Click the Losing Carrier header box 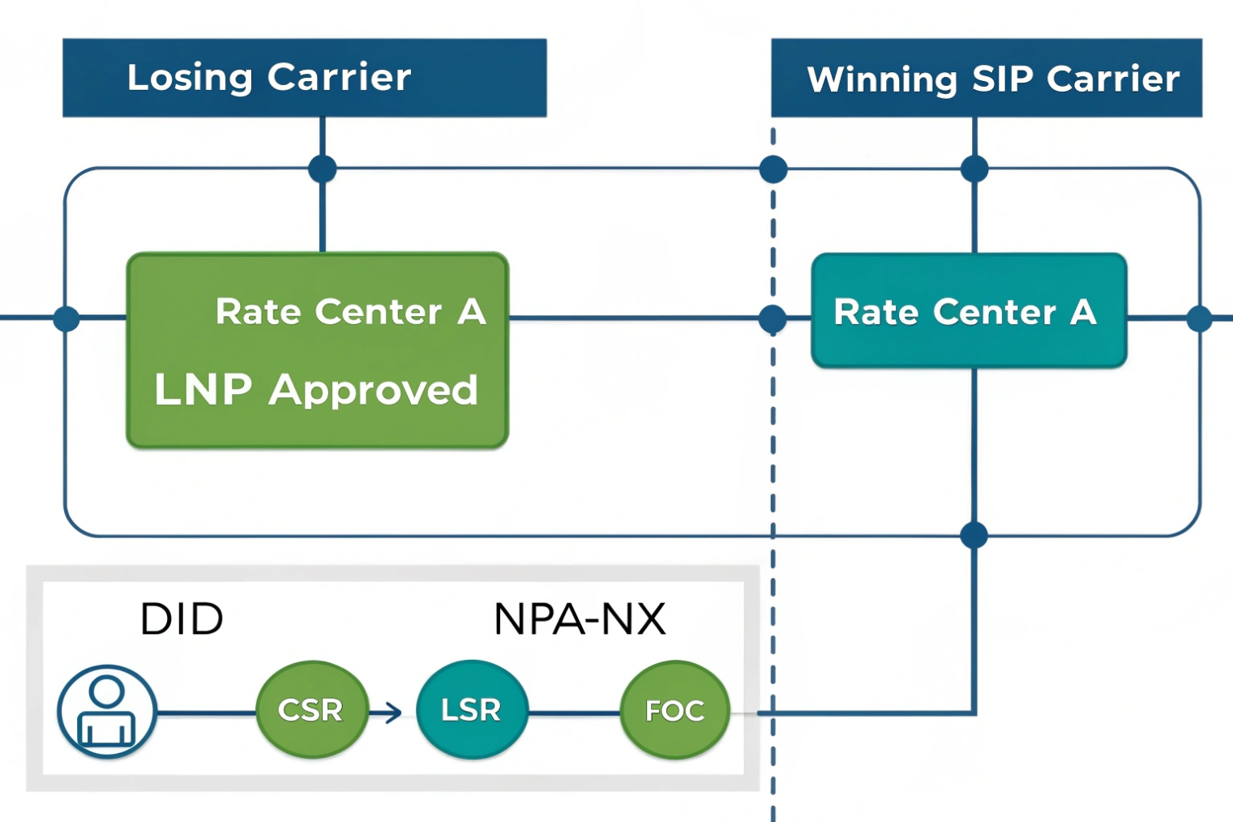(x=304, y=78)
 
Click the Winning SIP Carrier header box (x=986, y=78)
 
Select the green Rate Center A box (x=317, y=350)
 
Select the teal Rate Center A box (x=969, y=311)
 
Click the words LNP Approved (x=316, y=390)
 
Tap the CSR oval (x=312, y=710)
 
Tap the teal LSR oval (x=472, y=710)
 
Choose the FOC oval (x=674, y=710)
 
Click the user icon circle (x=106, y=711)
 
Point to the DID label (x=182, y=619)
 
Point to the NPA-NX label (x=579, y=619)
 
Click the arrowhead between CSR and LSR (x=394, y=713)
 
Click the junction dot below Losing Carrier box (x=323, y=169)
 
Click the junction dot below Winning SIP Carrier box (x=974, y=169)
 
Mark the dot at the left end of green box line (x=66, y=319)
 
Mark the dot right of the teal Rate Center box (x=1199, y=319)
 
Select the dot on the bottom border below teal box (x=974, y=535)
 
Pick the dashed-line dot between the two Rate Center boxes (x=773, y=319)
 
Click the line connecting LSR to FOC (x=574, y=713)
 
